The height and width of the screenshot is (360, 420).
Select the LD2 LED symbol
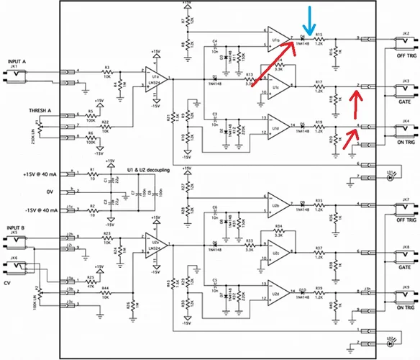(x=389, y=346)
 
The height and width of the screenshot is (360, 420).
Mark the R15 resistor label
(x=319, y=33)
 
